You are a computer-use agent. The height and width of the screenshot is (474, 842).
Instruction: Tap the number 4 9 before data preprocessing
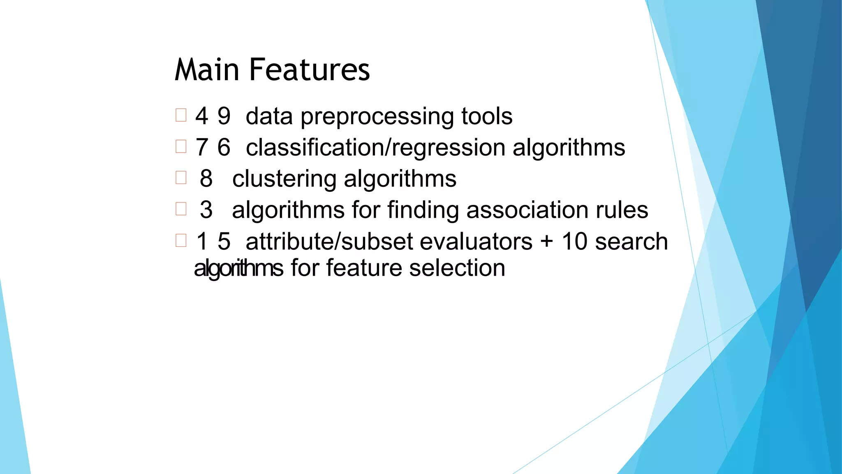(x=213, y=116)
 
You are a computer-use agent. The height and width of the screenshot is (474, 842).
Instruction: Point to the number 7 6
(x=213, y=147)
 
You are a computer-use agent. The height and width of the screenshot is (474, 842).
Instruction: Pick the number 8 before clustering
(x=206, y=179)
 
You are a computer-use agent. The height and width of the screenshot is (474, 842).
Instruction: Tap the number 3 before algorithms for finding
(x=206, y=210)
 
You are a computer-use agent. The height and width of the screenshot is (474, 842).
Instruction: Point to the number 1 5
(x=213, y=241)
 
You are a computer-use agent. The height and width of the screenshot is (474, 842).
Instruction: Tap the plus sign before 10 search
(x=547, y=242)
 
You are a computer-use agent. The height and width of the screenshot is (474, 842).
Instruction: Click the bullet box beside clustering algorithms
(x=181, y=177)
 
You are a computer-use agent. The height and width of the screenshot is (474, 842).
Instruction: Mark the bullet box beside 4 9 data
(x=181, y=115)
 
